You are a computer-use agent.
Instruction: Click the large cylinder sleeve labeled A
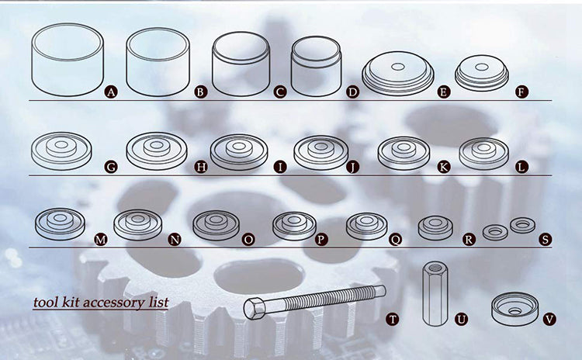click(68, 60)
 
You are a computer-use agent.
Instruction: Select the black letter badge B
click(200, 92)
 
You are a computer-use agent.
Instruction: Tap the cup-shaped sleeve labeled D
click(317, 66)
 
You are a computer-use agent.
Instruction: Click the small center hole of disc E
click(398, 67)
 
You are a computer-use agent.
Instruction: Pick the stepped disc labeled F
click(482, 73)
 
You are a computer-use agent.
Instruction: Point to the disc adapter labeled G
click(61, 151)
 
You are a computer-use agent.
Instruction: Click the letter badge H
click(200, 167)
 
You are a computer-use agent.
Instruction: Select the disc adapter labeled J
click(320, 153)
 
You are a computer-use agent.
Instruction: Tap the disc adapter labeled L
click(484, 154)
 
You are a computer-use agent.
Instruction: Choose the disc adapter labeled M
click(60, 223)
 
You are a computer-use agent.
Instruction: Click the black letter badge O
click(248, 240)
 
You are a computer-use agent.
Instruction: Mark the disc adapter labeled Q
click(367, 226)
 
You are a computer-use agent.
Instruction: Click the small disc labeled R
click(435, 227)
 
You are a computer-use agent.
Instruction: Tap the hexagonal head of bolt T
click(255, 309)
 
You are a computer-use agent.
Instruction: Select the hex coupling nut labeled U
click(435, 294)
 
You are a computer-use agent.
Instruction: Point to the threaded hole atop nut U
click(435, 267)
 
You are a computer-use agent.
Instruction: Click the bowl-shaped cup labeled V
click(514, 309)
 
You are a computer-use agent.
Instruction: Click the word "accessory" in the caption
click(113, 303)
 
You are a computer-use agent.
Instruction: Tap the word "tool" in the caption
click(46, 302)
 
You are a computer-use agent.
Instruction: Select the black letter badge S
click(545, 240)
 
